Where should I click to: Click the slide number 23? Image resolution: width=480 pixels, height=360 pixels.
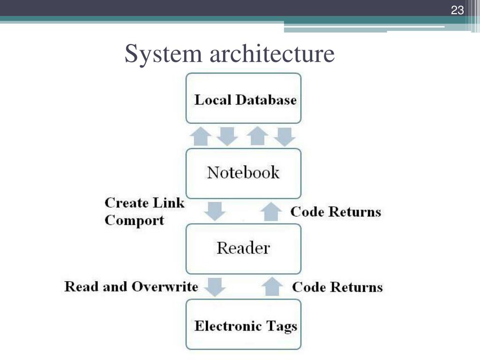click(x=457, y=10)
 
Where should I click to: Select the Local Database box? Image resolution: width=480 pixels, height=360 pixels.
click(x=243, y=98)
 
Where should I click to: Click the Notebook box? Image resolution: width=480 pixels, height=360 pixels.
click(x=243, y=173)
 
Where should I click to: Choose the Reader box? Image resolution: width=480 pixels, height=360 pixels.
click(x=243, y=248)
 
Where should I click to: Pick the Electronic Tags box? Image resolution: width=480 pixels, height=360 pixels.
click(x=243, y=325)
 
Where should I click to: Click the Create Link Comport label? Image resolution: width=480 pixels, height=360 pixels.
click(x=144, y=211)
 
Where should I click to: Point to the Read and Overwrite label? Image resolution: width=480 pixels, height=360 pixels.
click(x=131, y=286)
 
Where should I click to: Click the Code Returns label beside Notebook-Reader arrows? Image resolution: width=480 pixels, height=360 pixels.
click(x=336, y=211)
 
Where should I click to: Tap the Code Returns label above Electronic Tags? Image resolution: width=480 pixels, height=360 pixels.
click(x=337, y=287)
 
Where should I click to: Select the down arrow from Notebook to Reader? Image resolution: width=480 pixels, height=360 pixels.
click(x=216, y=211)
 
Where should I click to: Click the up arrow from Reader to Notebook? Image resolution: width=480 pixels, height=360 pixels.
click(x=271, y=211)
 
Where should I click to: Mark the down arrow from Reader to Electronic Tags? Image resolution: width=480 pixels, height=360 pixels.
click(x=216, y=286)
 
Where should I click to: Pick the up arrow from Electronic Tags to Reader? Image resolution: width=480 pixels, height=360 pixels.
click(x=271, y=286)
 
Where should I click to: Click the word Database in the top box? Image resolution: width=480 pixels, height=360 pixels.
click(x=266, y=100)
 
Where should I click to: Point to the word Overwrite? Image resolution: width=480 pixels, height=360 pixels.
click(x=165, y=286)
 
